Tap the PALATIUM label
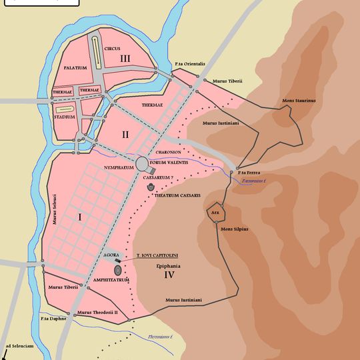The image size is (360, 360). [76, 68]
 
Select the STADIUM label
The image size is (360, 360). [64, 117]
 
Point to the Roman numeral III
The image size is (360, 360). [125, 59]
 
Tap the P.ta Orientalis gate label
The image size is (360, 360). [190, 64]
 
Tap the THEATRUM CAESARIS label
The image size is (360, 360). [177, 195]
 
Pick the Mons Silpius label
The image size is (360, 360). [235, 229]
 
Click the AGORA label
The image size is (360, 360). [111, 255]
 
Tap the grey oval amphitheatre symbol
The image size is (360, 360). [118, 270]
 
